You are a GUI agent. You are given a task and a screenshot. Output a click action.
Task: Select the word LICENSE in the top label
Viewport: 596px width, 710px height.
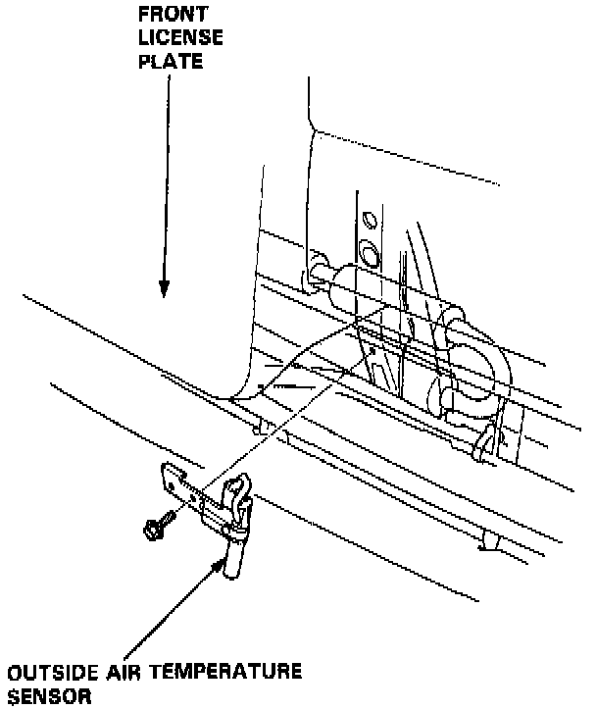(x=180, y=39)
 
